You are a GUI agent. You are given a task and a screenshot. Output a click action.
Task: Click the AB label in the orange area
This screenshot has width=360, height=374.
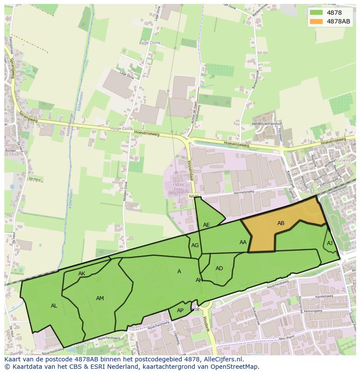[281, 223]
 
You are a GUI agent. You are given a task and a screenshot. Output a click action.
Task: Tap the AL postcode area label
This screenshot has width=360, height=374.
[54, 306]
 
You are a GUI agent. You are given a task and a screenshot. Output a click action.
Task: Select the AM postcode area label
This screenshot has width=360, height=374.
[100, 298]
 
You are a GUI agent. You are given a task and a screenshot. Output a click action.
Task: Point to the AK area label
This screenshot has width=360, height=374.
[82, 274]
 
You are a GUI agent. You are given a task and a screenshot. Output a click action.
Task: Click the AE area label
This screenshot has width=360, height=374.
[207, 225]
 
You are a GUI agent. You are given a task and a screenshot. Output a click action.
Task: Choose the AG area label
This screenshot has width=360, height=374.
[195, 245]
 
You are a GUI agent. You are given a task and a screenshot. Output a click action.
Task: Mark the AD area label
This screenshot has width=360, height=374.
[219, 268]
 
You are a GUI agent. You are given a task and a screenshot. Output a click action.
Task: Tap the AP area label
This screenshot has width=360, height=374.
[180, 310]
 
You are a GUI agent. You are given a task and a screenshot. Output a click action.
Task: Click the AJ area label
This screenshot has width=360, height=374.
[330, 243]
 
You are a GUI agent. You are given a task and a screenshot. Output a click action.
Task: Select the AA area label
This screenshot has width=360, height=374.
[243, 242]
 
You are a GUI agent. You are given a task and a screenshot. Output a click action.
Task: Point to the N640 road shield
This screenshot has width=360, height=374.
[194, 197]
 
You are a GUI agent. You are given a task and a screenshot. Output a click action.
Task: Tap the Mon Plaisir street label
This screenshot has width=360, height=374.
[287, 338]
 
